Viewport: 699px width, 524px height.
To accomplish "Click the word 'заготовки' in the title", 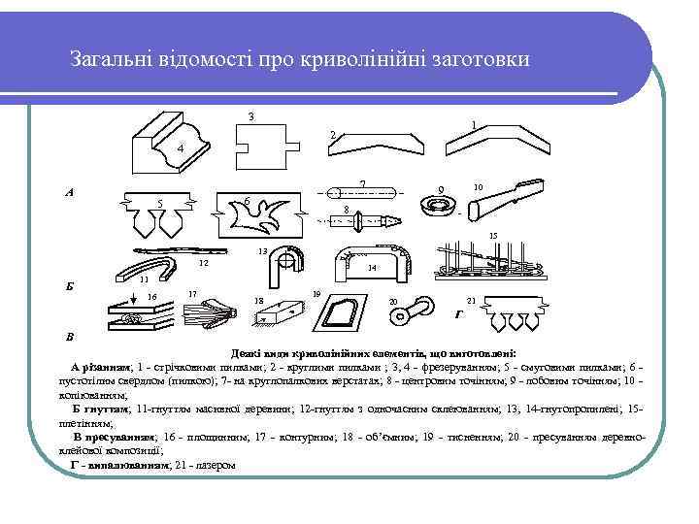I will pos(482,59).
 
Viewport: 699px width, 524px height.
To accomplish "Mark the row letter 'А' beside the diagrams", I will pos(69,192).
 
